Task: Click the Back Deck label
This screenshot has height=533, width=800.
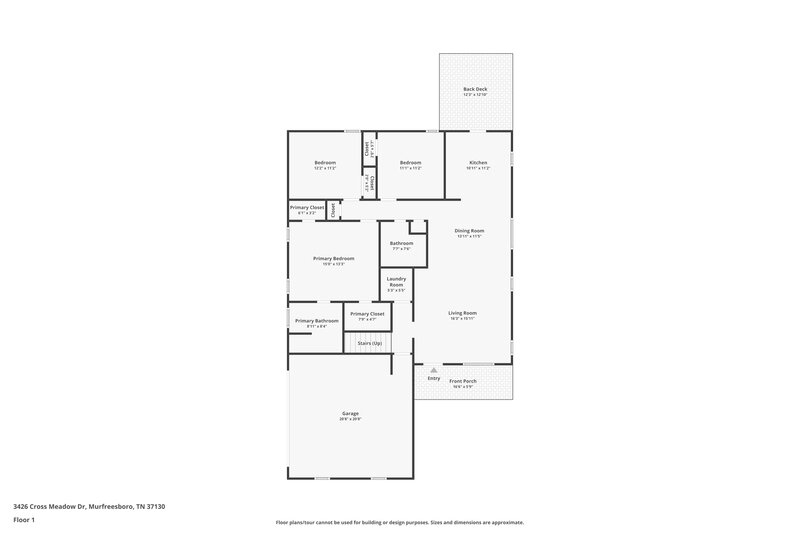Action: pos(475,90)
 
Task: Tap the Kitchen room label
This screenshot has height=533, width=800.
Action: pos(478,162)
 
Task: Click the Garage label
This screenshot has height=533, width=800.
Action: pos(350,413)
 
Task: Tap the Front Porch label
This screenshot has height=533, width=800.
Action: pos(462,381)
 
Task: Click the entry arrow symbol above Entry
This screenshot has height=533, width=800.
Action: pos(434,370)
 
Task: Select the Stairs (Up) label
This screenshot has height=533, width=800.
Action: pos(369,343)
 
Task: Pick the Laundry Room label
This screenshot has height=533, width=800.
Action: pos(396,282)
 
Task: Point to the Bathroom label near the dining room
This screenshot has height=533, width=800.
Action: pos(402,243)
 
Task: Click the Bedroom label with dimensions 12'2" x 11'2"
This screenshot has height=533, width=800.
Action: pos(325,162)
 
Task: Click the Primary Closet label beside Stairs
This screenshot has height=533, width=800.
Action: pos(367,314)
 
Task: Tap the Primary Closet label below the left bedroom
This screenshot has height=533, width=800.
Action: pos(307,207)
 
